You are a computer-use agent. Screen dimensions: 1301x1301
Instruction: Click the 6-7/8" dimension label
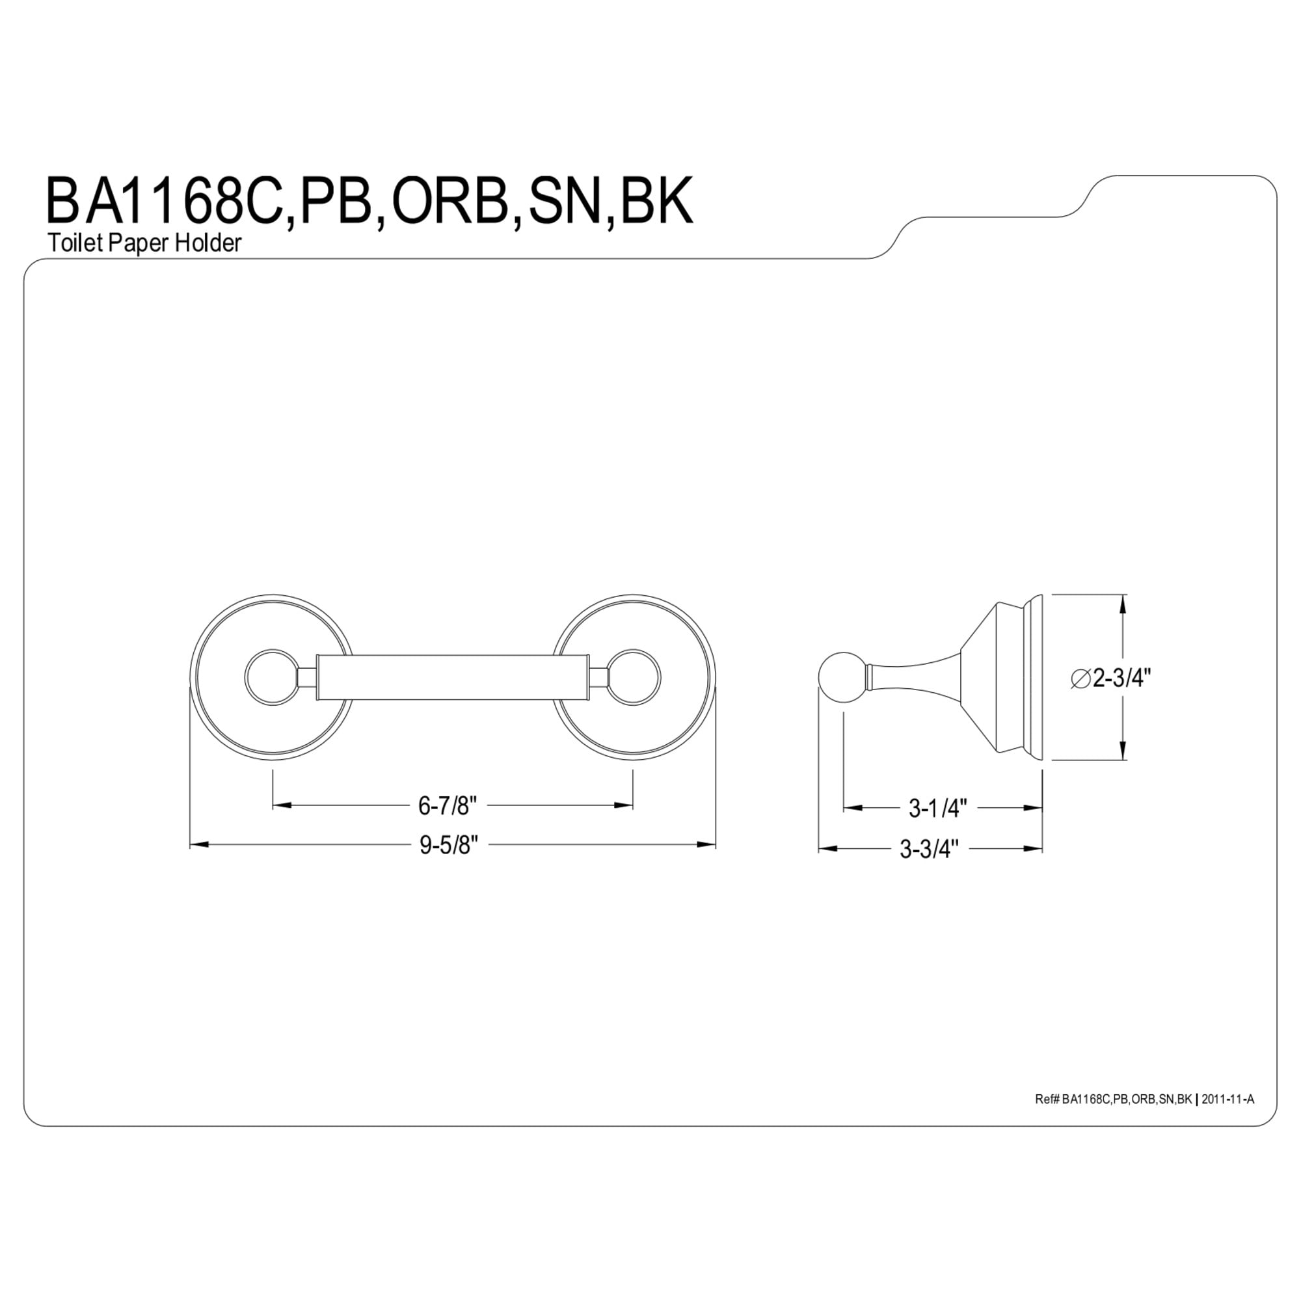[447, 805]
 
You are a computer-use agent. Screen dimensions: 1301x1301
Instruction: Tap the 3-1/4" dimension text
[937, 808]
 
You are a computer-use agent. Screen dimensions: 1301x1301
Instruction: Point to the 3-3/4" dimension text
[929, 849]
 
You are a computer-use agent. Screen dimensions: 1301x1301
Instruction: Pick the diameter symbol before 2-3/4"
[1080, 680]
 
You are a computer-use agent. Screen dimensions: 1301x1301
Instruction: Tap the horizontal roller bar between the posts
[453, 677]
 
